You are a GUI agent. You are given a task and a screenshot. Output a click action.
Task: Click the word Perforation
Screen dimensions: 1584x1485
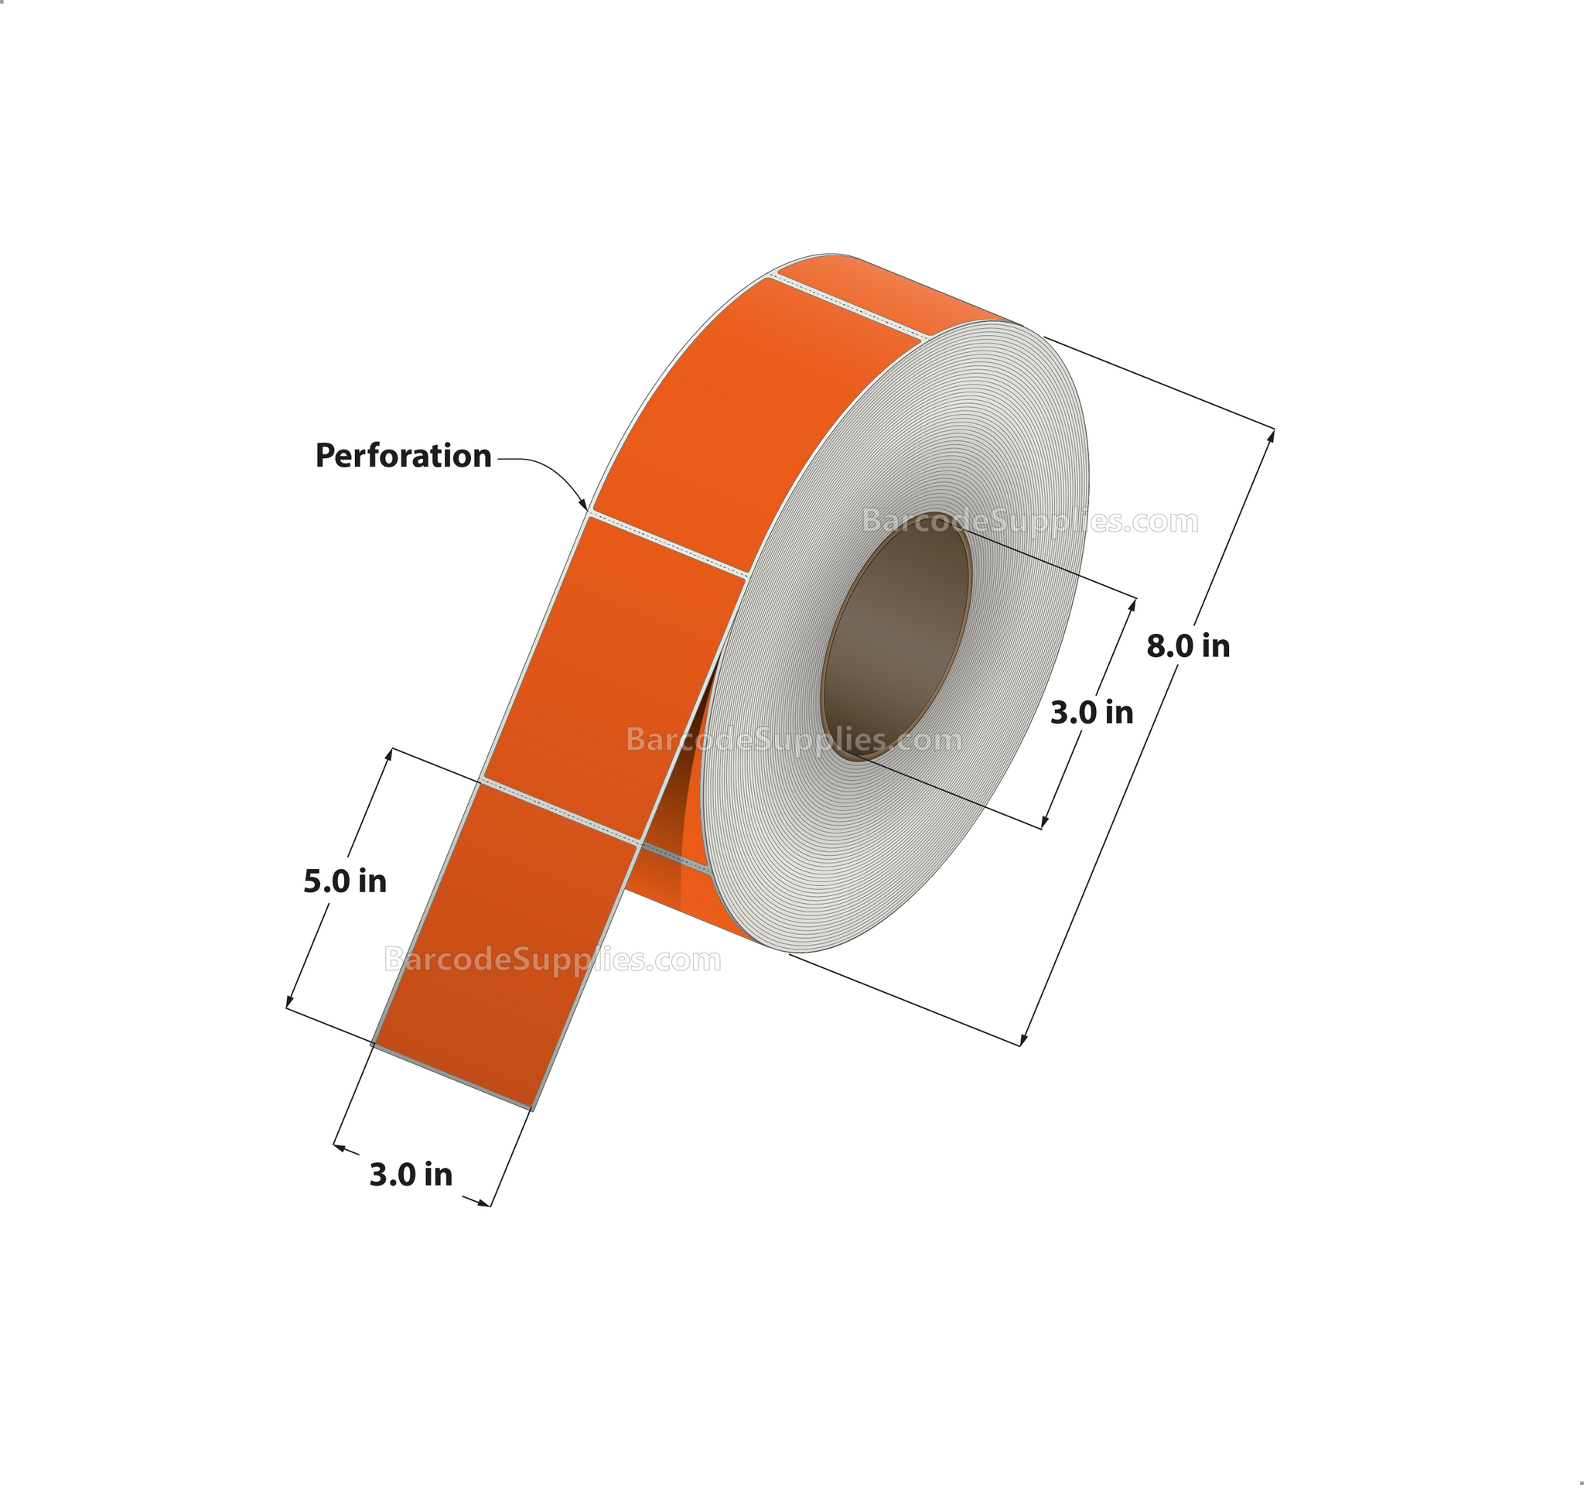click(x=403, y=456)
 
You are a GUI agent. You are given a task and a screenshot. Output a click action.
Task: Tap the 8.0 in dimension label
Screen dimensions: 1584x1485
click(x=1188, y=645)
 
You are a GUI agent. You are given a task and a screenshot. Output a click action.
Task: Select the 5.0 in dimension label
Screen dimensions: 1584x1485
click(x=345, y=881)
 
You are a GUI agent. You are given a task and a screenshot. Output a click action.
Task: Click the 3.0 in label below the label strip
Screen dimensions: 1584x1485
click(x=411, y=1174)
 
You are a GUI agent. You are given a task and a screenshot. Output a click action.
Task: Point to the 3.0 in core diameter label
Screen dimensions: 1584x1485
click(x=1091, y=712)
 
